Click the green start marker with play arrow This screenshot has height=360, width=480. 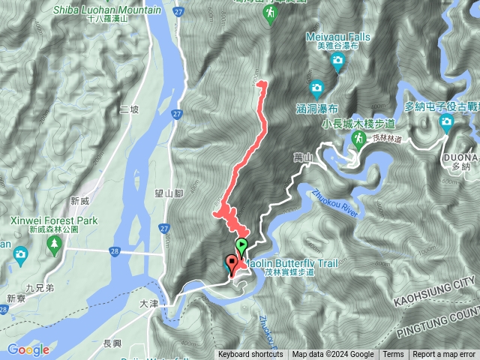pos(241,245)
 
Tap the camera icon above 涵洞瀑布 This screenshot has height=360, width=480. pos(316,88)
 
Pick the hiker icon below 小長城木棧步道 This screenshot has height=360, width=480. pos(360,139)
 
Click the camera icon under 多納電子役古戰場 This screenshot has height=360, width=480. pos(446,122)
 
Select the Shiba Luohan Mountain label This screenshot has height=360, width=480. pos(107,10)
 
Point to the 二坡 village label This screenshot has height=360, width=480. pos(129,109)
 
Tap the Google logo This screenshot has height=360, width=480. pos(28,349)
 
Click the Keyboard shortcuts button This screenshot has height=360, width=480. pos(250,355)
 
